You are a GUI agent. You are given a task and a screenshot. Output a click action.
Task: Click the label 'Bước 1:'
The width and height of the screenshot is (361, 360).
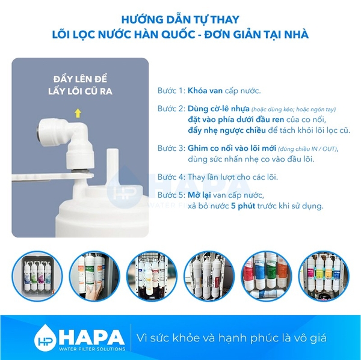(x=170, y=91)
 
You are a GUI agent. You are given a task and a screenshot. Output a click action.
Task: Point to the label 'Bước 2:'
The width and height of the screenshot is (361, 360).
(x=170, y=110)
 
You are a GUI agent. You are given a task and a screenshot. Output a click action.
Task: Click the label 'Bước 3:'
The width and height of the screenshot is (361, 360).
(x=170, y=148)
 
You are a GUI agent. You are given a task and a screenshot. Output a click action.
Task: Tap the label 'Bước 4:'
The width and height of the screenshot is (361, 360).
(x=170, y=177)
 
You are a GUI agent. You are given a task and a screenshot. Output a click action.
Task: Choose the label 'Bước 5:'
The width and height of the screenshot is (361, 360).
(x=170, y=195)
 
